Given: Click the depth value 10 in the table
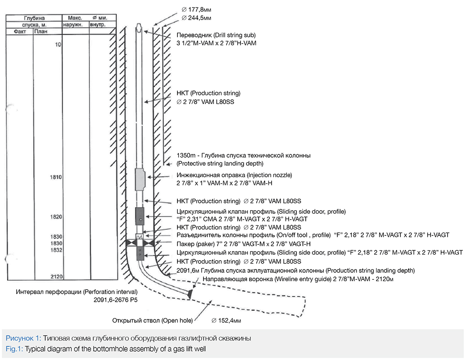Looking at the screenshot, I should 58,45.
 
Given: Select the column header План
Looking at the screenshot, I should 41,32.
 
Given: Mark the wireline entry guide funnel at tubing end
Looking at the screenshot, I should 192,294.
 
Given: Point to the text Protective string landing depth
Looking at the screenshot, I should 220,163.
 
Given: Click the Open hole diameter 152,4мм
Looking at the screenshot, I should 226,320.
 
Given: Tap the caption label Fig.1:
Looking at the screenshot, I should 14,348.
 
